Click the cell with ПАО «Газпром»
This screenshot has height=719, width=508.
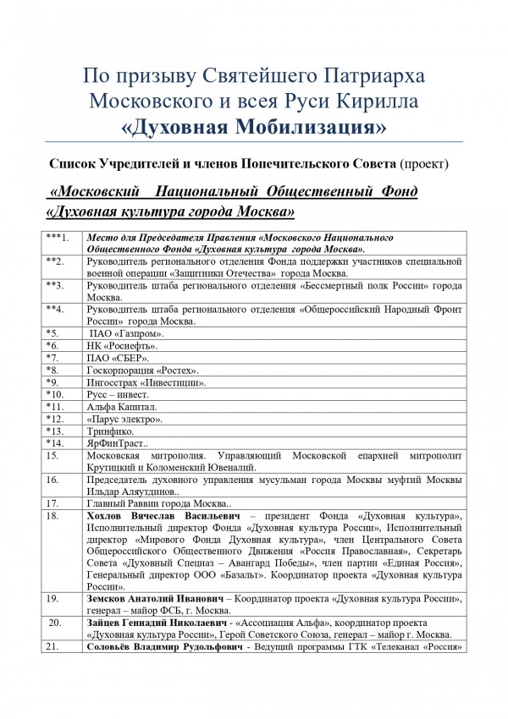[126, 334]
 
